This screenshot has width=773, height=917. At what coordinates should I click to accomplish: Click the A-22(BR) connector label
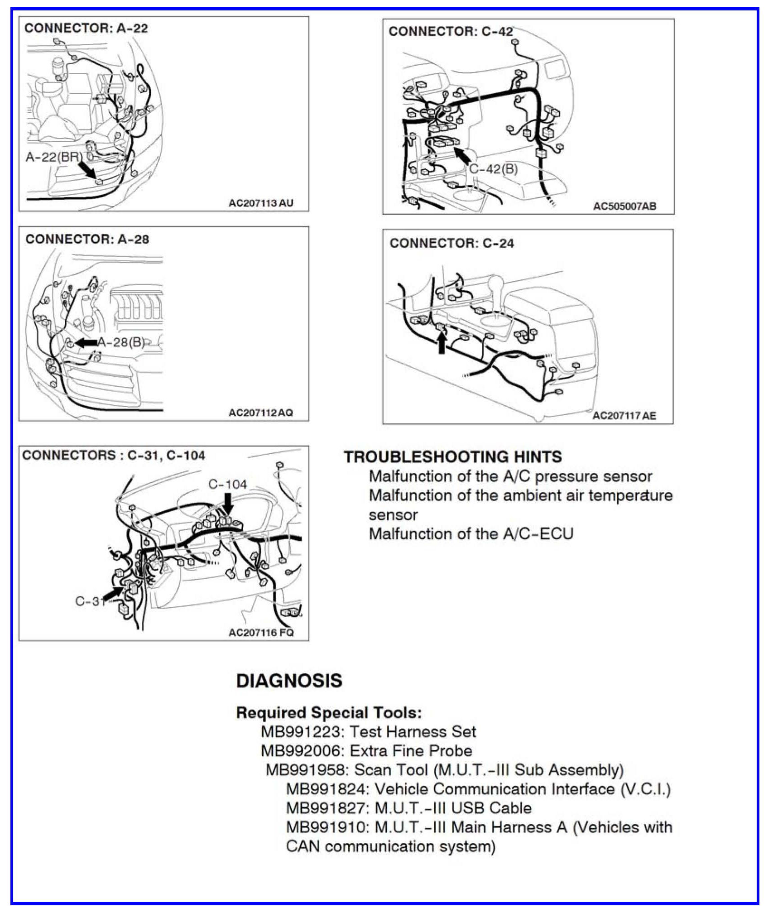[x=54, y=157]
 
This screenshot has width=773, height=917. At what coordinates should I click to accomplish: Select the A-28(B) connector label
[x=121, y=342]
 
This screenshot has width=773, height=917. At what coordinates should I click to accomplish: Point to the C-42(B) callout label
[x=493, y=169]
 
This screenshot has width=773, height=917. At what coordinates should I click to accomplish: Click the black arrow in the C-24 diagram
[x=442, y=342]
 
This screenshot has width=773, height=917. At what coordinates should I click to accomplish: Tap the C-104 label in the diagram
[x=227, y=484]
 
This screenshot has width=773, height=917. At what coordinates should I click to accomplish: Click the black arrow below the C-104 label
[x=228, y=504]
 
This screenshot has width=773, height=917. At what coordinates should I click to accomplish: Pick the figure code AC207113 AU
[x=261, y=203]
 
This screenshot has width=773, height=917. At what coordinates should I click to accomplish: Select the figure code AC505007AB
[x=624, y=206]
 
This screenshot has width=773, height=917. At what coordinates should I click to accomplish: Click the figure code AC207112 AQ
[x=261, y=413]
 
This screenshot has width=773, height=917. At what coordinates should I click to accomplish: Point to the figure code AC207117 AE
[x=624, y=415]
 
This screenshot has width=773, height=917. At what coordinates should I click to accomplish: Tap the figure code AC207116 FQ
[x=261, y=632]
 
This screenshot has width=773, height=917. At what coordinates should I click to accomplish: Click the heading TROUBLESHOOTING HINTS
[x=452, y=456]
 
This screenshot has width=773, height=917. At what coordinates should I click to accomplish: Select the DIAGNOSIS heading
[x=289, y=681]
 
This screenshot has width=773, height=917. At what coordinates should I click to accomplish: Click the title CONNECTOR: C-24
[x=451, y=243]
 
